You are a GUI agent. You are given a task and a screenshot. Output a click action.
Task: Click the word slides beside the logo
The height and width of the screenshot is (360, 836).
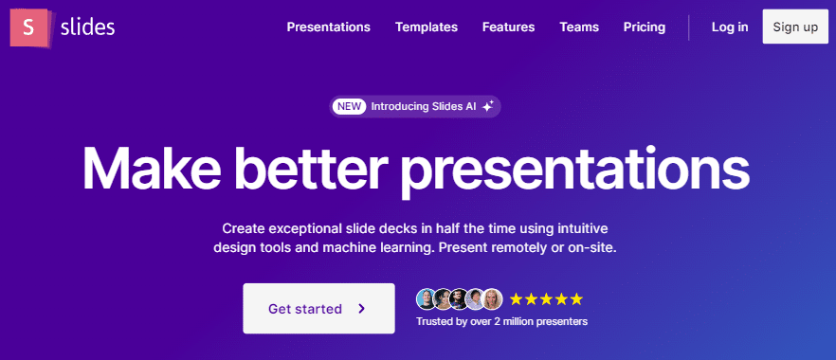point(87,27)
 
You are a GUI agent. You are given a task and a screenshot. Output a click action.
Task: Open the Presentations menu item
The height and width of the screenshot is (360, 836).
point(328,27)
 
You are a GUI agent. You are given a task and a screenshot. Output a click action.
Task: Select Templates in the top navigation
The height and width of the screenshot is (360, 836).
point(426,27)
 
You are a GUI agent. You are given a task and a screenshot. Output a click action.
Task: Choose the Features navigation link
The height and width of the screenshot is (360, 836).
point(509,27)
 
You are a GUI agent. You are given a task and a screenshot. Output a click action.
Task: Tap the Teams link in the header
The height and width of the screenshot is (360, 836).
point(579,27)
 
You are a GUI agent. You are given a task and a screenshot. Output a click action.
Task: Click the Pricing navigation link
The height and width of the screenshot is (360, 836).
point(645,27)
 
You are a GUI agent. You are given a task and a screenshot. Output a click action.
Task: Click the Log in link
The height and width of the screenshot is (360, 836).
point(730,27)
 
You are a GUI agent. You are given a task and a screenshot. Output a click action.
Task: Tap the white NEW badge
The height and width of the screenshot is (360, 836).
point(349,106)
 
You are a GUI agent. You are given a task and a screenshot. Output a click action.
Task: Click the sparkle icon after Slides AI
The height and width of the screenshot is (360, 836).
point(487,106)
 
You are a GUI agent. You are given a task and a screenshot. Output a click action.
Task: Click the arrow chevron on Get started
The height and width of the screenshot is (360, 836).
point(361,308)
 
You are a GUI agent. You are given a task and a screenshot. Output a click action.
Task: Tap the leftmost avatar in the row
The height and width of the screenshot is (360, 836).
point(427,299)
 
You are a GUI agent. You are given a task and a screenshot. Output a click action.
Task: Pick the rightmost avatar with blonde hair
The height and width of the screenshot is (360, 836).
point(492,299)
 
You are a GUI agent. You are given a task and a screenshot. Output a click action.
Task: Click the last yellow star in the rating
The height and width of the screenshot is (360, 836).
point(576,299)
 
